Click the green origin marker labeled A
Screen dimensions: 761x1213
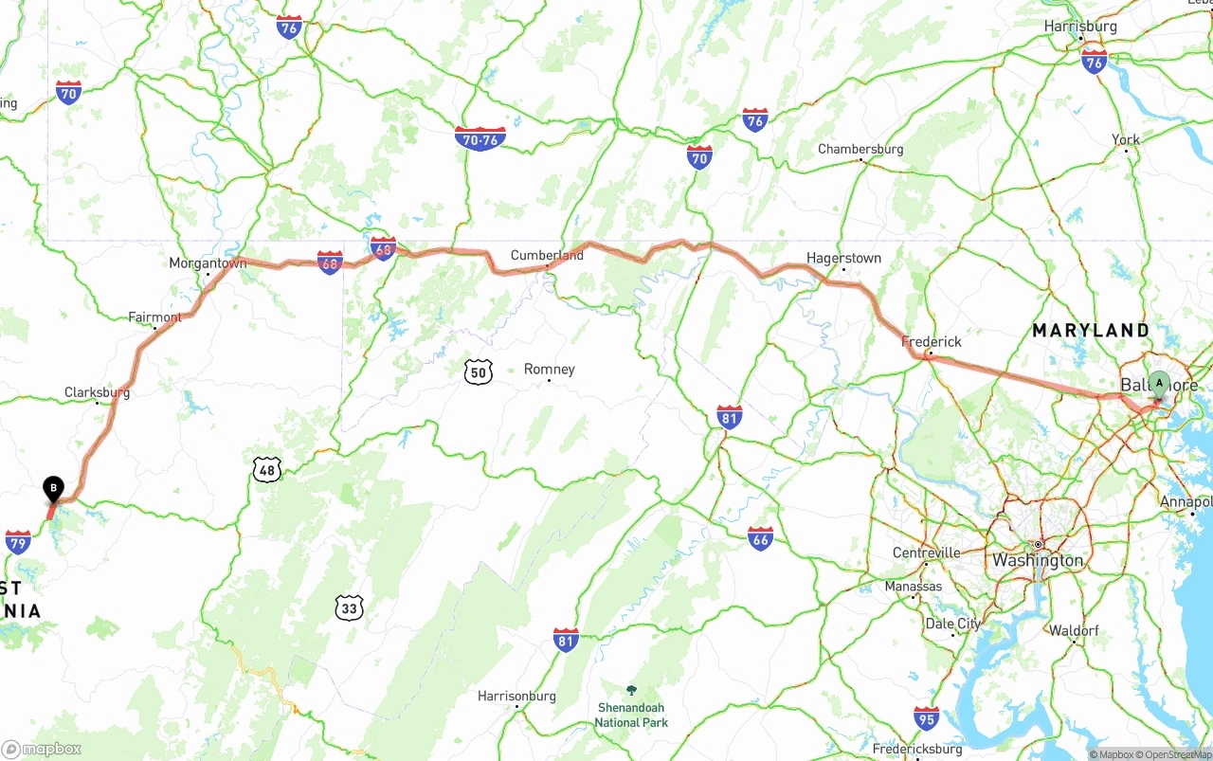click(x=1158, y=384)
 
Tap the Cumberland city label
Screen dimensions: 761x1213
click(x=547, y=255)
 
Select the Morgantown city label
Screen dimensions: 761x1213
click(x=208, y=263)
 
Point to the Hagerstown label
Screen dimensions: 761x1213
click(x=843, y=258)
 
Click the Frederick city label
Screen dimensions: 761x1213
click(x=932, y=341)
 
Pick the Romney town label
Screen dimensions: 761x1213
click(x=550, y=369)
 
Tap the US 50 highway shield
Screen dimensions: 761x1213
click(x=479, y=371)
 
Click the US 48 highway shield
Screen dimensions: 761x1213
click(x=267, y=468)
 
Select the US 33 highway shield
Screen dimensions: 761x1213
click(x=349, y=607)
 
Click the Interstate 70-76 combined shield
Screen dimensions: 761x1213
click(x=480, y=139)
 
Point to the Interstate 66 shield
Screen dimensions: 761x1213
click(x=760, y=538)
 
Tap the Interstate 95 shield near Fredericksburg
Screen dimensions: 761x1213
click(x=927, y=717)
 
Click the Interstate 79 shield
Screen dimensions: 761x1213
click(x=18, y=542)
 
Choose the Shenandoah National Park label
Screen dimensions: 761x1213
click(x=631, y=715)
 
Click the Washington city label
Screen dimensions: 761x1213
click(x=1038, y=560)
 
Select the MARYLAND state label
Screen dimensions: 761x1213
click(x=1091, y=331)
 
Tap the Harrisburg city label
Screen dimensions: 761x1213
click(x=1080, y=27)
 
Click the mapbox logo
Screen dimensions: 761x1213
click(x=43, y=749)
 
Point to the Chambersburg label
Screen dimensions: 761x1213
click(x=860, y=149)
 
